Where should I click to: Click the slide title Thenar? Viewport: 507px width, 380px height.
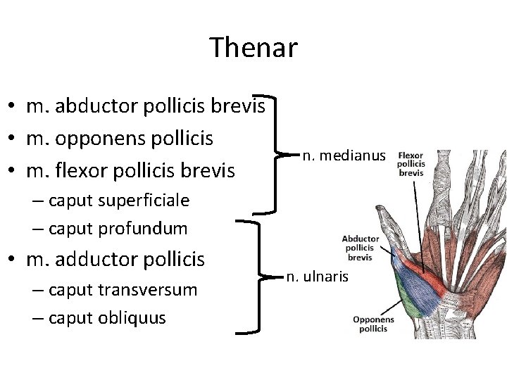(254, 48)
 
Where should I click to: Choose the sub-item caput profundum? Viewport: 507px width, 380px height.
(118, 228)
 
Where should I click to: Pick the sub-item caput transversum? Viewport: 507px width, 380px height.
(123, 290)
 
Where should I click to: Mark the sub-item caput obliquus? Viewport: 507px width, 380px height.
(108, 317)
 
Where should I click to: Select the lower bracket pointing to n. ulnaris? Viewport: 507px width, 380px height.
(262, 277)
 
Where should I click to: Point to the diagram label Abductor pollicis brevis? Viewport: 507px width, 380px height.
(360, 248)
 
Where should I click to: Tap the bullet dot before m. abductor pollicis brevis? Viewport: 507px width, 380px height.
(13, 107)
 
